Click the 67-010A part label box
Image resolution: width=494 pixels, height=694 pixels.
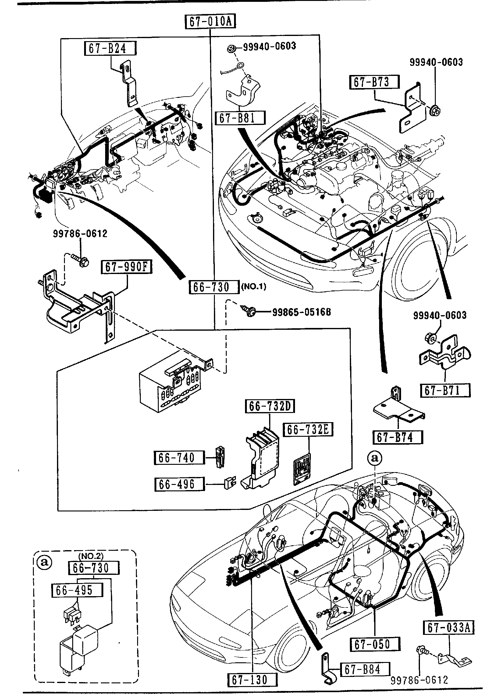(x=211, y=22)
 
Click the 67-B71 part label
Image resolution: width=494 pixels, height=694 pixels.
(x=445, y=390)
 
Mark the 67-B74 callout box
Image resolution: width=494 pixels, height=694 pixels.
(x=397, y=437)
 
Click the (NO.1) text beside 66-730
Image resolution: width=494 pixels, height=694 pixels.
(x=254, y=287)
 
